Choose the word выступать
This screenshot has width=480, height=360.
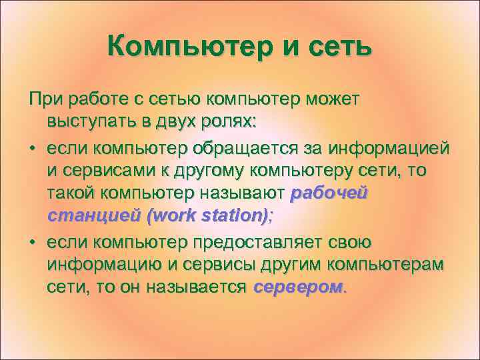tap(87, 123)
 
